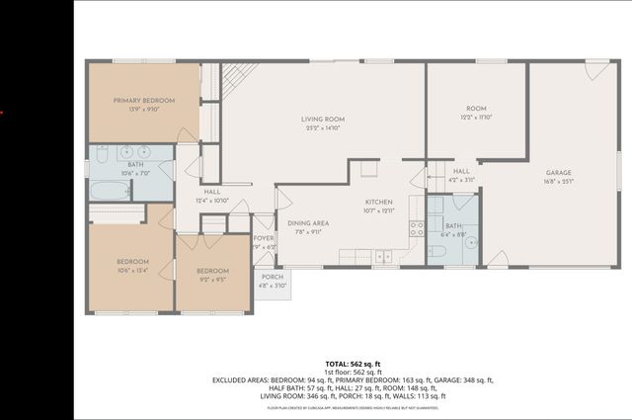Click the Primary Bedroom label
(144, 101)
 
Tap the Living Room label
(322, 119)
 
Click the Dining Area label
(308, 223)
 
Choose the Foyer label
(264, 238)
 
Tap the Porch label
(273, 278)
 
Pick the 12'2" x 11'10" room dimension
(477, 117)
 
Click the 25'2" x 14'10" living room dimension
(322, 127)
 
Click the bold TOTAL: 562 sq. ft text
(352, 365)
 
